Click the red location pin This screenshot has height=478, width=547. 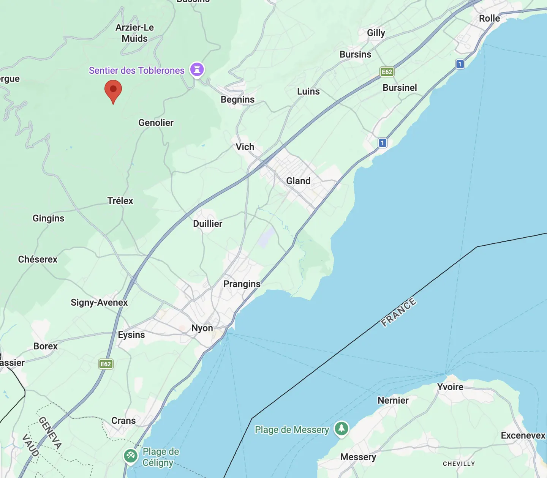(113, 90)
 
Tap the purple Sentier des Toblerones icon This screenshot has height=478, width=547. (197, 69)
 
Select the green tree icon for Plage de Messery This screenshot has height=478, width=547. (341, 429)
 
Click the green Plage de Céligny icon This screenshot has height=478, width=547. (131, 455)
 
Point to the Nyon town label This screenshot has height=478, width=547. (202, 328)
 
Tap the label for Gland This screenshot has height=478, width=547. (298, 181)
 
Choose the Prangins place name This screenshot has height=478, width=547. (242, 284)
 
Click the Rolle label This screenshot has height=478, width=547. (489, 18)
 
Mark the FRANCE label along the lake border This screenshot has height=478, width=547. (399, 312)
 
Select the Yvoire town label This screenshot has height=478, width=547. (450, 387)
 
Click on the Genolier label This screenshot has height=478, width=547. (156, 123)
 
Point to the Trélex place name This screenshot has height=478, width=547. (120, 201)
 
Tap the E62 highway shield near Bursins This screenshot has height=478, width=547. (387, 72)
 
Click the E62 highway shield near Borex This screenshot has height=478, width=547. (106, 364)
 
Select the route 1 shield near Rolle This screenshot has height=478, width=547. (460, 64)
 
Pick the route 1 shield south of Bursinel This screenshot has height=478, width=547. (383, 143)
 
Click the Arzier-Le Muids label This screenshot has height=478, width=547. (135, 33)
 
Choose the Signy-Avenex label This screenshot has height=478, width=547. (99, 303)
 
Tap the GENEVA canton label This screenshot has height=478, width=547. (50, 433)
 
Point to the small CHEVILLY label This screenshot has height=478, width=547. (459, 464)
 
